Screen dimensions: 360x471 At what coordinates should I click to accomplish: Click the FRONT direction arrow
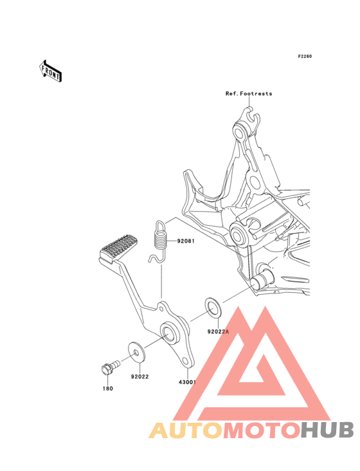click(50, 71)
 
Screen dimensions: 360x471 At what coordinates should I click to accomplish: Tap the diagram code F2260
click(305, 56)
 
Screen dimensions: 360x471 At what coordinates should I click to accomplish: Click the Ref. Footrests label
click(249, 94)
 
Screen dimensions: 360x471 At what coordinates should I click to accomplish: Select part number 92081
click(186, 241)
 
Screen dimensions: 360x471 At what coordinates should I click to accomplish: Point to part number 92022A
click(218, 331)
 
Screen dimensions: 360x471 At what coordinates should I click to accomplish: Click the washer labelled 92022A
click(213, 308)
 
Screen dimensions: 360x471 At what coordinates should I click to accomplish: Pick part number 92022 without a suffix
click(139, 376)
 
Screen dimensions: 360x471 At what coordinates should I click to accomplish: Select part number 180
click(108, 389)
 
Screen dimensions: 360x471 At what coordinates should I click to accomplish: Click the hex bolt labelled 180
click(110, 367)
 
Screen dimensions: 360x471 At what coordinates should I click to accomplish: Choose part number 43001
click(187, 382)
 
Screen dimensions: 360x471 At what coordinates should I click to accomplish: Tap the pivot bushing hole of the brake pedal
click(169, 332)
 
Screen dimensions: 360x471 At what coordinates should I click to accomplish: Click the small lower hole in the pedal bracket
click(186, 361)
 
